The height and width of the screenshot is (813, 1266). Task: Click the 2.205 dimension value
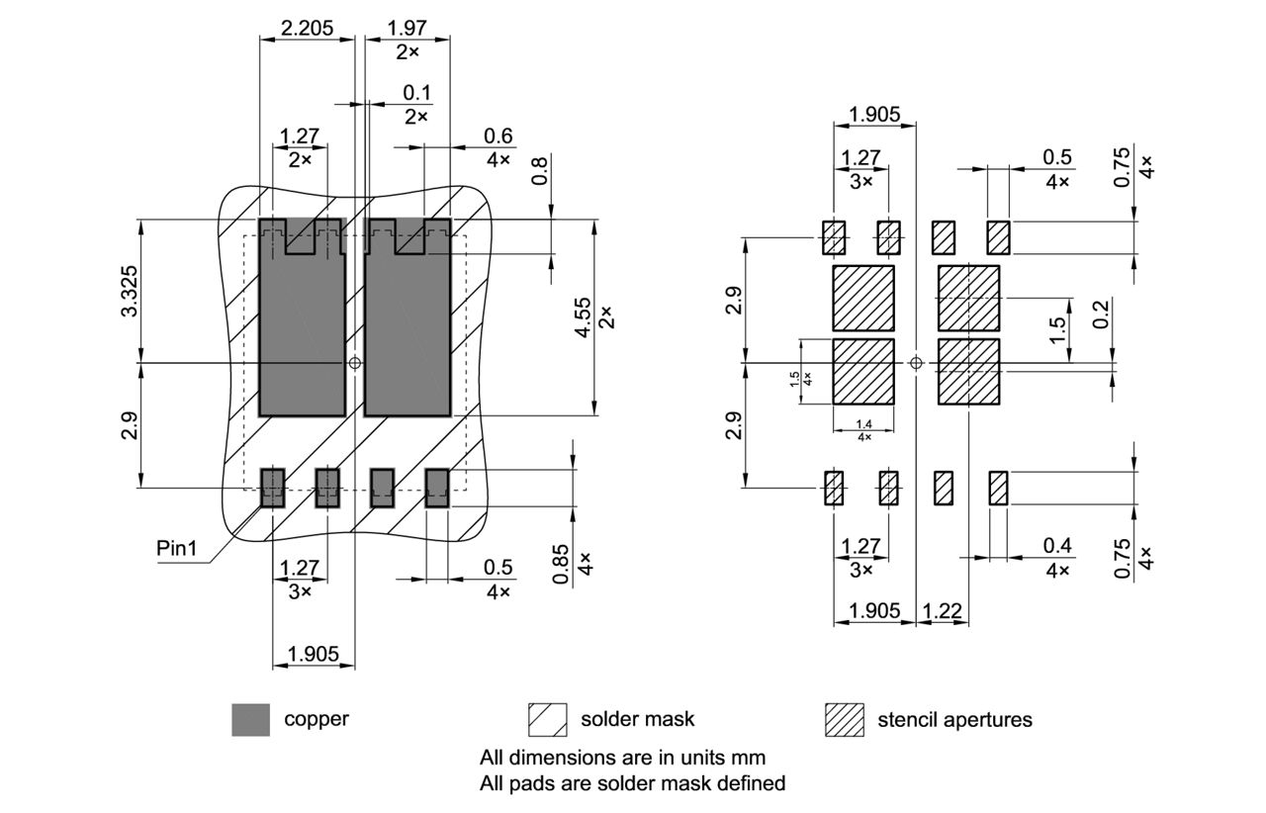click(x=307, y=29)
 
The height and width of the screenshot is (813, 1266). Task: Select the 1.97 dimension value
click(x=407, y=29)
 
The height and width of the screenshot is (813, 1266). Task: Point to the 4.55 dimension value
click(x=584, y=317)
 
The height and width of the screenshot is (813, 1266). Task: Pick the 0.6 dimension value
click(x=498, y=136)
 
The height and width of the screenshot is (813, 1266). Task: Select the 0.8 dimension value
click(x=538, y=170)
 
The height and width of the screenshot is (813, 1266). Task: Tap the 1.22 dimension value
click(x=943, y=611)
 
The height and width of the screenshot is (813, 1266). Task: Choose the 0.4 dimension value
click(x=1057, y=546)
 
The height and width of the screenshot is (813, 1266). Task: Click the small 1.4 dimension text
click(x=863, y=423)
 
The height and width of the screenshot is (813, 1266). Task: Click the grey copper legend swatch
click(x=251, y=720)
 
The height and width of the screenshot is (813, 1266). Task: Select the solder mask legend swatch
click(x=547, y=720)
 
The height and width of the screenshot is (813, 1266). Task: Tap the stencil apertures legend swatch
click(x=844, y=720)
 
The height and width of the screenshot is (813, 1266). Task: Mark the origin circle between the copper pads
click(x=355, y=363)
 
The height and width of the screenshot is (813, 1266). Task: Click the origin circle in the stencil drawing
click(x=916, y=363)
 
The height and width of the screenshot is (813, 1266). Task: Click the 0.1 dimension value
click(x=416, y=92)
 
